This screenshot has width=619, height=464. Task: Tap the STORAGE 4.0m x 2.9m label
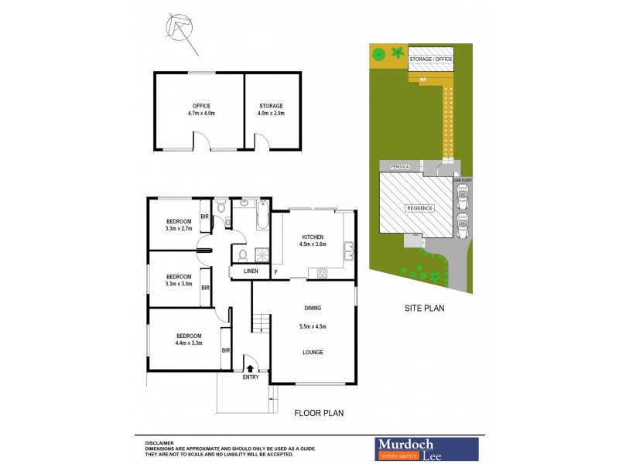point(271,109)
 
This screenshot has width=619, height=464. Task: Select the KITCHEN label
point(313,237)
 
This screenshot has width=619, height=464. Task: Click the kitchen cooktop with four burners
point(322,272)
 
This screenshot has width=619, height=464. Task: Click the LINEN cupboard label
point(251,271)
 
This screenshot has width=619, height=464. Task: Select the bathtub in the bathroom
point(261,216)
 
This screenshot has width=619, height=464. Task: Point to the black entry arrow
point(250,369)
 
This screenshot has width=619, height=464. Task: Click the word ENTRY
point(251,377)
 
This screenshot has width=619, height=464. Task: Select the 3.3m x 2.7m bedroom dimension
point(178,228)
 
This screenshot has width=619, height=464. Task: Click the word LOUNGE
point(313,353)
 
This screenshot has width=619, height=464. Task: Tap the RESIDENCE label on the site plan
point(419,208)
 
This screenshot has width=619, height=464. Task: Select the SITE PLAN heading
point(424,308)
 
